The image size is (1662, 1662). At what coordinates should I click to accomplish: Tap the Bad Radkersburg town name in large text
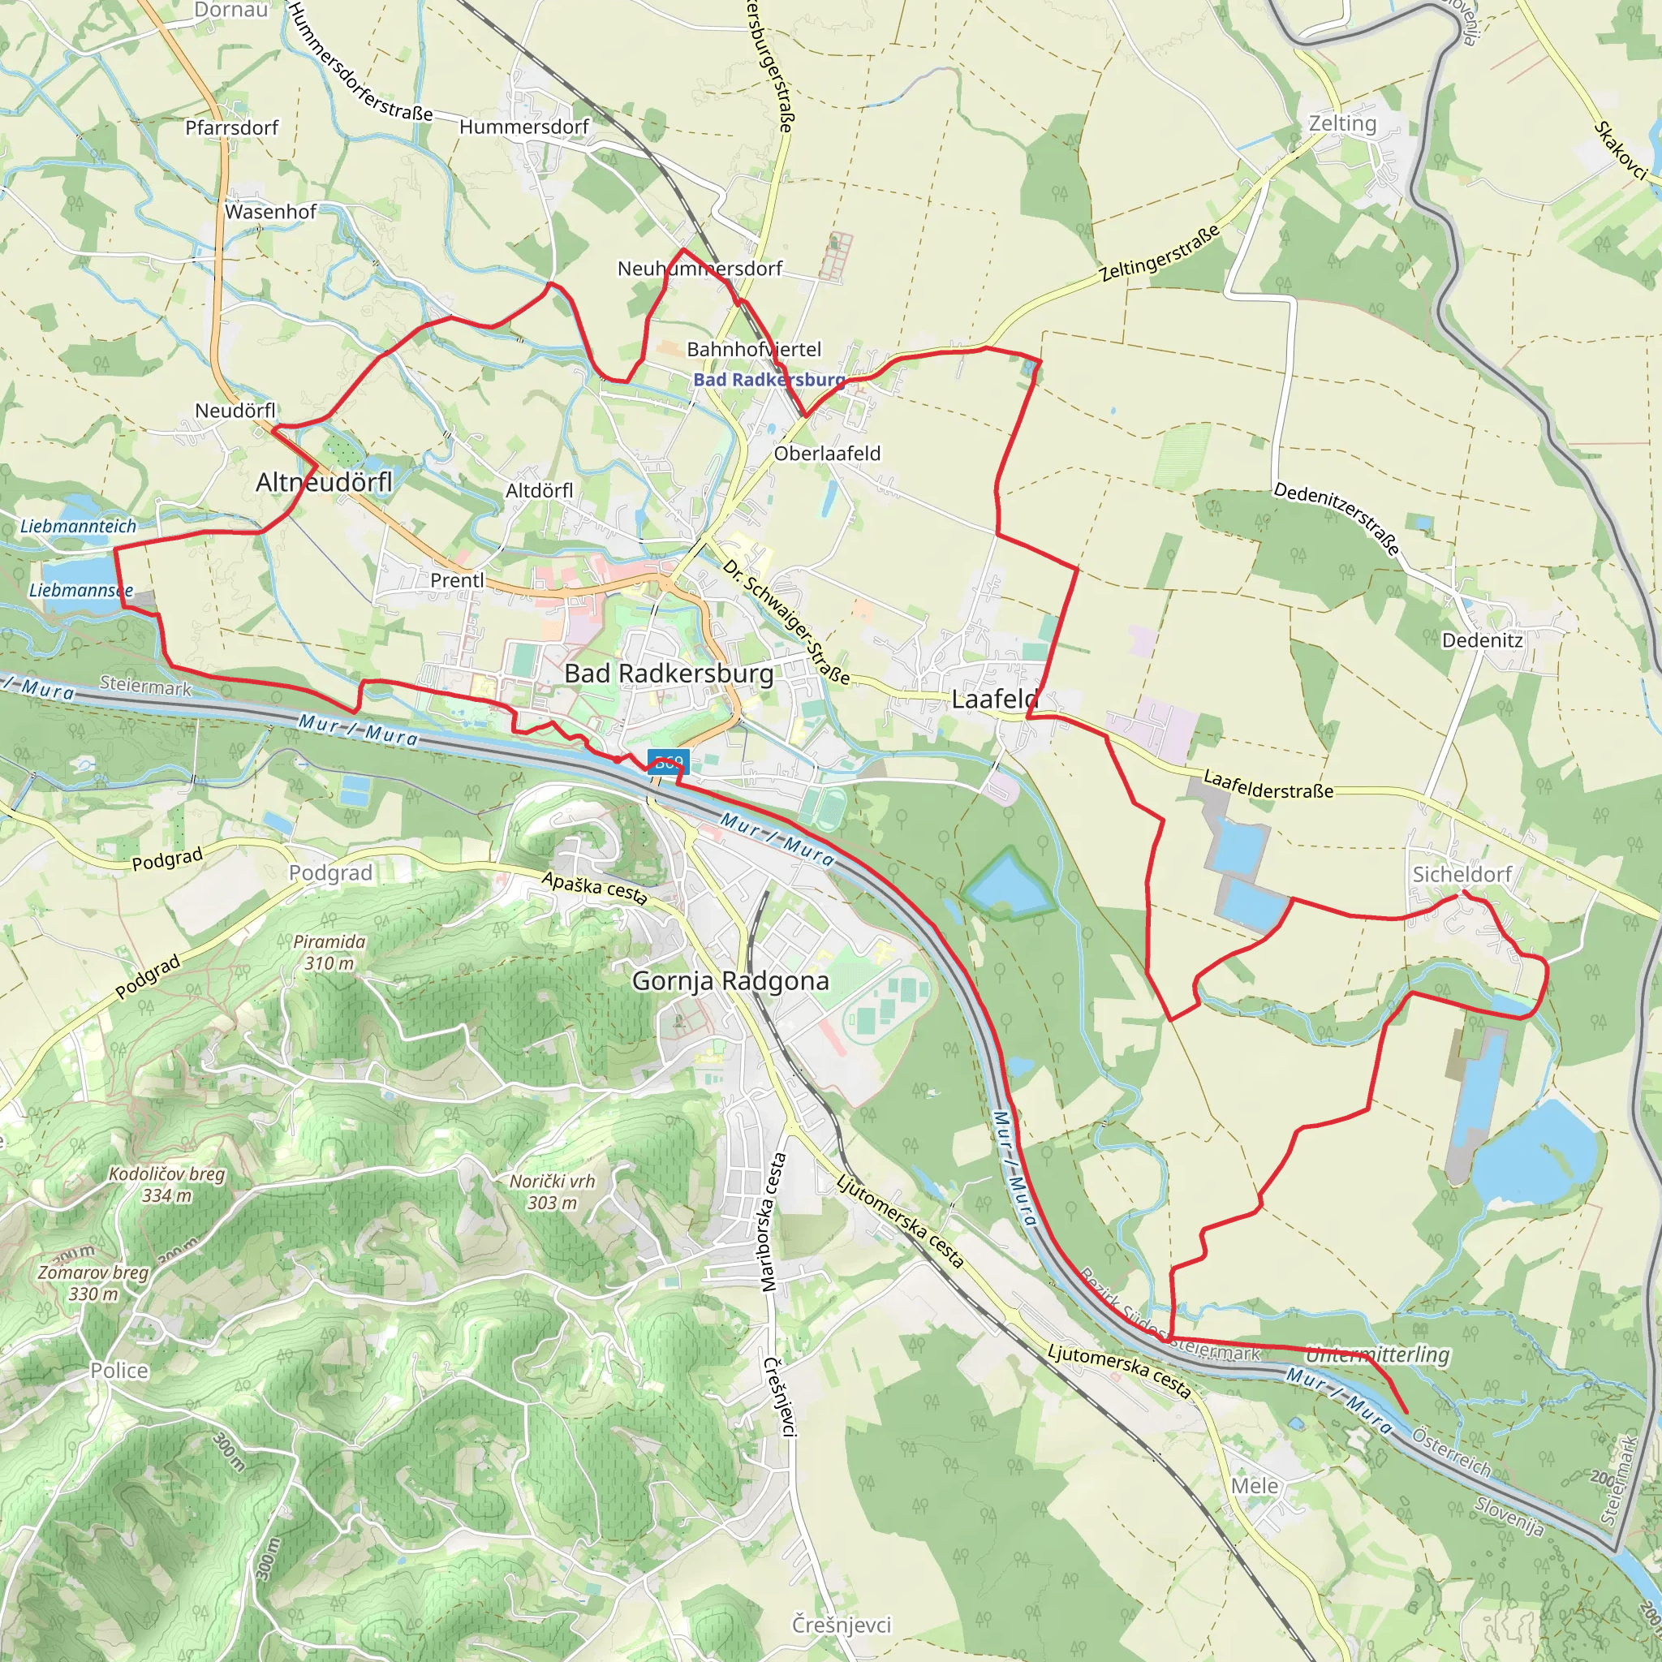click(670, 674)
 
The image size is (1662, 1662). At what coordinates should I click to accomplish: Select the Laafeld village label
click(993, 700)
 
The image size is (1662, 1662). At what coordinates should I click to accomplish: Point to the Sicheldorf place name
click(1462, 874)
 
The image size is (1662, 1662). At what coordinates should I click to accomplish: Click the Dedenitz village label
click(1482, 640)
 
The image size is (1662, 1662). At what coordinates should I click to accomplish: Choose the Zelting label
click(1342, 123)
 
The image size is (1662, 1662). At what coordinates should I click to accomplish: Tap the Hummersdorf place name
click(524, 127)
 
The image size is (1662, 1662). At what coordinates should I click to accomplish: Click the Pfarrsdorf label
click(231, 128)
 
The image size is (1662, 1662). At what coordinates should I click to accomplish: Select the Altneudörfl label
click(324, 483)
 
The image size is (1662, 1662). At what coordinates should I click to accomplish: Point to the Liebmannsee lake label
click(81, 590)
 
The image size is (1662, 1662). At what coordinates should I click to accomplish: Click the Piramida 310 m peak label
click(329, 952)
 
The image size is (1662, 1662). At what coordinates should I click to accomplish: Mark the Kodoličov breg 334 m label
click(167, 1185)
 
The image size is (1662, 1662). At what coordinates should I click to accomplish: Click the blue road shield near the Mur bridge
click(669, 761)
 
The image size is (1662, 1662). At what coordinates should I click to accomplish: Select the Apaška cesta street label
click(593, 888)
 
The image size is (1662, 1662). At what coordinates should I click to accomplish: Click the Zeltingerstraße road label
click(1160, 254)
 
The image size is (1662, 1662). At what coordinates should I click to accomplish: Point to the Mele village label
click(1255, 1486)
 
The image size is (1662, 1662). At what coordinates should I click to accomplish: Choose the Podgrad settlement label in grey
click(330, 873)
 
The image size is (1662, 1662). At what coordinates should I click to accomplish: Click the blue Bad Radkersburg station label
click(769, 379)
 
